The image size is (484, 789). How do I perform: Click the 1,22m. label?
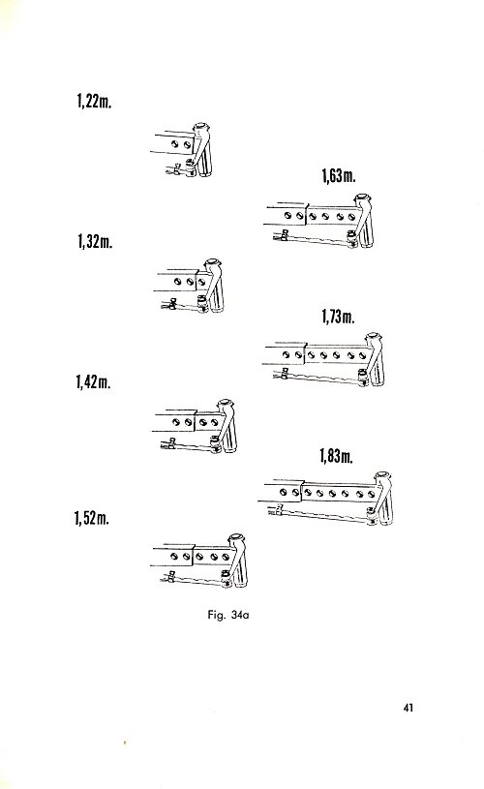click(94, 101)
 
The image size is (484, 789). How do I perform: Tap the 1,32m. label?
click(95, 241)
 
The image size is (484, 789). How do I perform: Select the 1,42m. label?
click(94, 382)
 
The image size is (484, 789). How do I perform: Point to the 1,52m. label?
click(92, 517)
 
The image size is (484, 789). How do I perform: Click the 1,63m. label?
click(339, 175)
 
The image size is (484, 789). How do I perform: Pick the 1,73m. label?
click(338, 316)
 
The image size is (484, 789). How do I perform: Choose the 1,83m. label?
click(336, 456)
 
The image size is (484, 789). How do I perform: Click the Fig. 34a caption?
click(227, 615)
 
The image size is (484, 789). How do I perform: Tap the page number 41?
click(408, 708)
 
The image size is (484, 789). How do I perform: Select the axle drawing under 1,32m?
click(190, 287)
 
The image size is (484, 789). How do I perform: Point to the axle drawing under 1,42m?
click(197, 427)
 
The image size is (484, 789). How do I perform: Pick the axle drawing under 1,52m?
click(201, 561)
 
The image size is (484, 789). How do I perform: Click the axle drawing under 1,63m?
click(320, 222)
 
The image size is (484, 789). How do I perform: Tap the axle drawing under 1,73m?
click(325, 360)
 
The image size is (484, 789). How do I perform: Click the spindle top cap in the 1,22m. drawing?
click(201, 126)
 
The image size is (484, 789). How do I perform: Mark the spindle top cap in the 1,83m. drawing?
click(382, 475)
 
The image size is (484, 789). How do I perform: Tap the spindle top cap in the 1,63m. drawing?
click(363, 197)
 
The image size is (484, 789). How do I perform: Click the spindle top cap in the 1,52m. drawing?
click(236, 537)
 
